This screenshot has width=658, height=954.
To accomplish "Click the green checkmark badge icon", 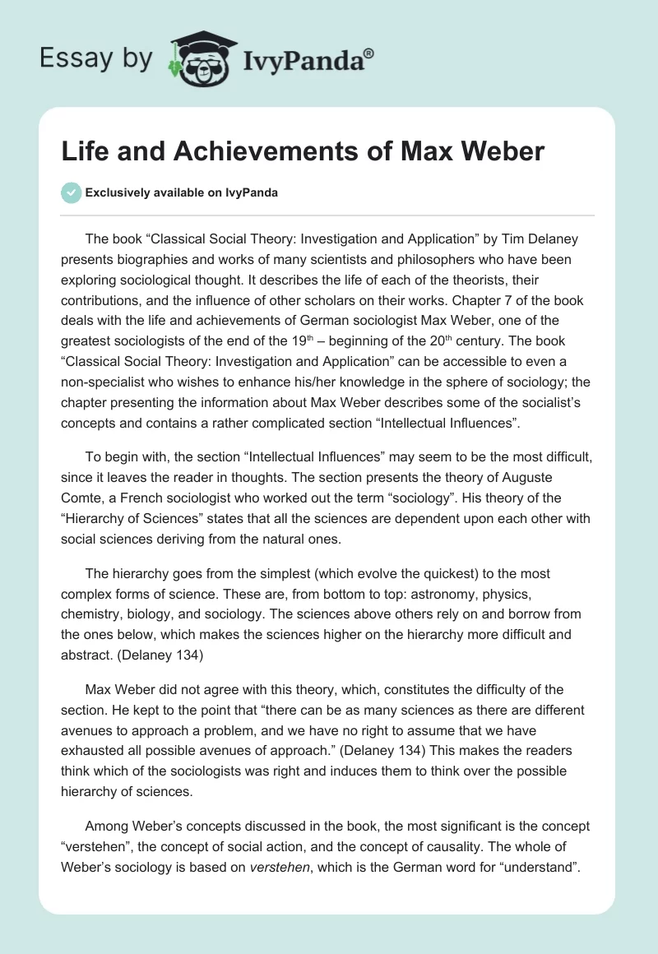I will (71, 192).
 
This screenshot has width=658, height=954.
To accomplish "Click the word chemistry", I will (92, 613).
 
